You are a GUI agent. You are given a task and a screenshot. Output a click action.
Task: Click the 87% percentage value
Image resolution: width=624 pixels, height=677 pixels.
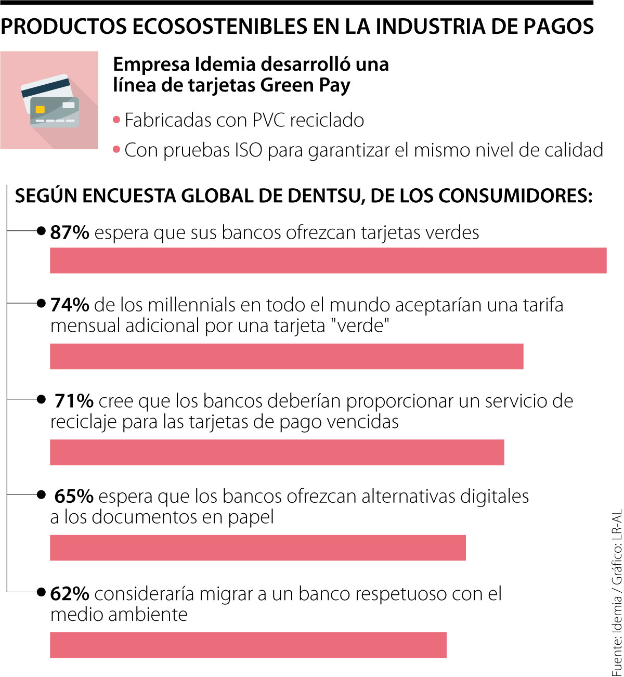tap(70, 232)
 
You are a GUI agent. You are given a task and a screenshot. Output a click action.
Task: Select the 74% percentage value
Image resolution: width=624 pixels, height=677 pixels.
tap(70, 305)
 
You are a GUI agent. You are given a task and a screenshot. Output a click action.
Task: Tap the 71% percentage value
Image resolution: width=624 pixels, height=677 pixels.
tap(74, 401)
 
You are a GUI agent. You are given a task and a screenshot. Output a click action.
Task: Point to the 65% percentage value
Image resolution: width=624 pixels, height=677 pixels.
tap(74, 497)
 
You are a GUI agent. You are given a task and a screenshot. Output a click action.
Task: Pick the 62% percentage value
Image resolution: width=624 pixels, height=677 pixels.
tap(70, 593)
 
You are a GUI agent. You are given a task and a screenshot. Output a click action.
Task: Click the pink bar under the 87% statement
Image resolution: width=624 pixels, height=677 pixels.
tap(328, 261)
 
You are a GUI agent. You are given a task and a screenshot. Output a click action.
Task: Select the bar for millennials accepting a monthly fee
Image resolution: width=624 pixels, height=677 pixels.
tap(287, 357)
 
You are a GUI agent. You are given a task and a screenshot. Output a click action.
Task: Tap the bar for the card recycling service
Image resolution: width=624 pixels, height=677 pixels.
tap(277, 452)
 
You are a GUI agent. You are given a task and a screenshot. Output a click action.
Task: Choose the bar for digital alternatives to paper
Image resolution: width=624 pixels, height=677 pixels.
tap(258, 548)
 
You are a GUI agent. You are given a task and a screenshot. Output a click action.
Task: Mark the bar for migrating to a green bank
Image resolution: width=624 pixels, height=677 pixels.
tap(248, 645)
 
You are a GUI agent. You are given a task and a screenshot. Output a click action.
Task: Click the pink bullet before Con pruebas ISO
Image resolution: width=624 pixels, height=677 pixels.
tap(116, 150)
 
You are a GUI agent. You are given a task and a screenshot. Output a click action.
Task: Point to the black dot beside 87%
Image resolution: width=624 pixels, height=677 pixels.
tap(42, 231)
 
